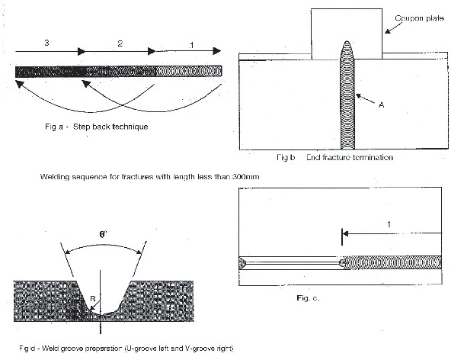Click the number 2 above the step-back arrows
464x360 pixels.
[120, 44]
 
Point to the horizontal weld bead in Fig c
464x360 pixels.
[393, 262]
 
